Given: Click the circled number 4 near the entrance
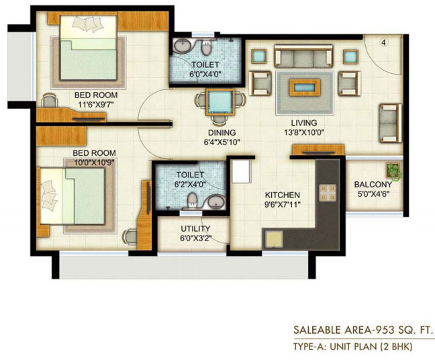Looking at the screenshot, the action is (384, 42).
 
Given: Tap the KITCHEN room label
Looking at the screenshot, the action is (283, 195).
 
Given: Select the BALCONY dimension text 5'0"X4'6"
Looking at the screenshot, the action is (373, 193).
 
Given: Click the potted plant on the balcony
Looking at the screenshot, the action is (393, 171).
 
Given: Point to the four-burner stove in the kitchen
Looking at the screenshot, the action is (328, 193).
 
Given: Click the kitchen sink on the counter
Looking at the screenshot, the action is (273, 239).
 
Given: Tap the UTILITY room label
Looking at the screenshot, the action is (195, 229).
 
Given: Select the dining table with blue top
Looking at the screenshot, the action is (220, 102).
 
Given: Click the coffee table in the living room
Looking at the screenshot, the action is (305, 87).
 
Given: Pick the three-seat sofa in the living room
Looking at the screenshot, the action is (303, 56).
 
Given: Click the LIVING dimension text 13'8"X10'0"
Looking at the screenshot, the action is (304, 132).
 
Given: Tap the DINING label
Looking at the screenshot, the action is (222, 133).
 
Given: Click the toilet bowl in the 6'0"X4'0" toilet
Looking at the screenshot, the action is (206, 48).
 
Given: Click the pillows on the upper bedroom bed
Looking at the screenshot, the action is (88, 24).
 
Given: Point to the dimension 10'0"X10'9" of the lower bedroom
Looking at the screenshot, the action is (94, 163).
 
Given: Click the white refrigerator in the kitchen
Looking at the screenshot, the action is (242, 171).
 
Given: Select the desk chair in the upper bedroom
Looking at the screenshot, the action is (50, 101).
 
